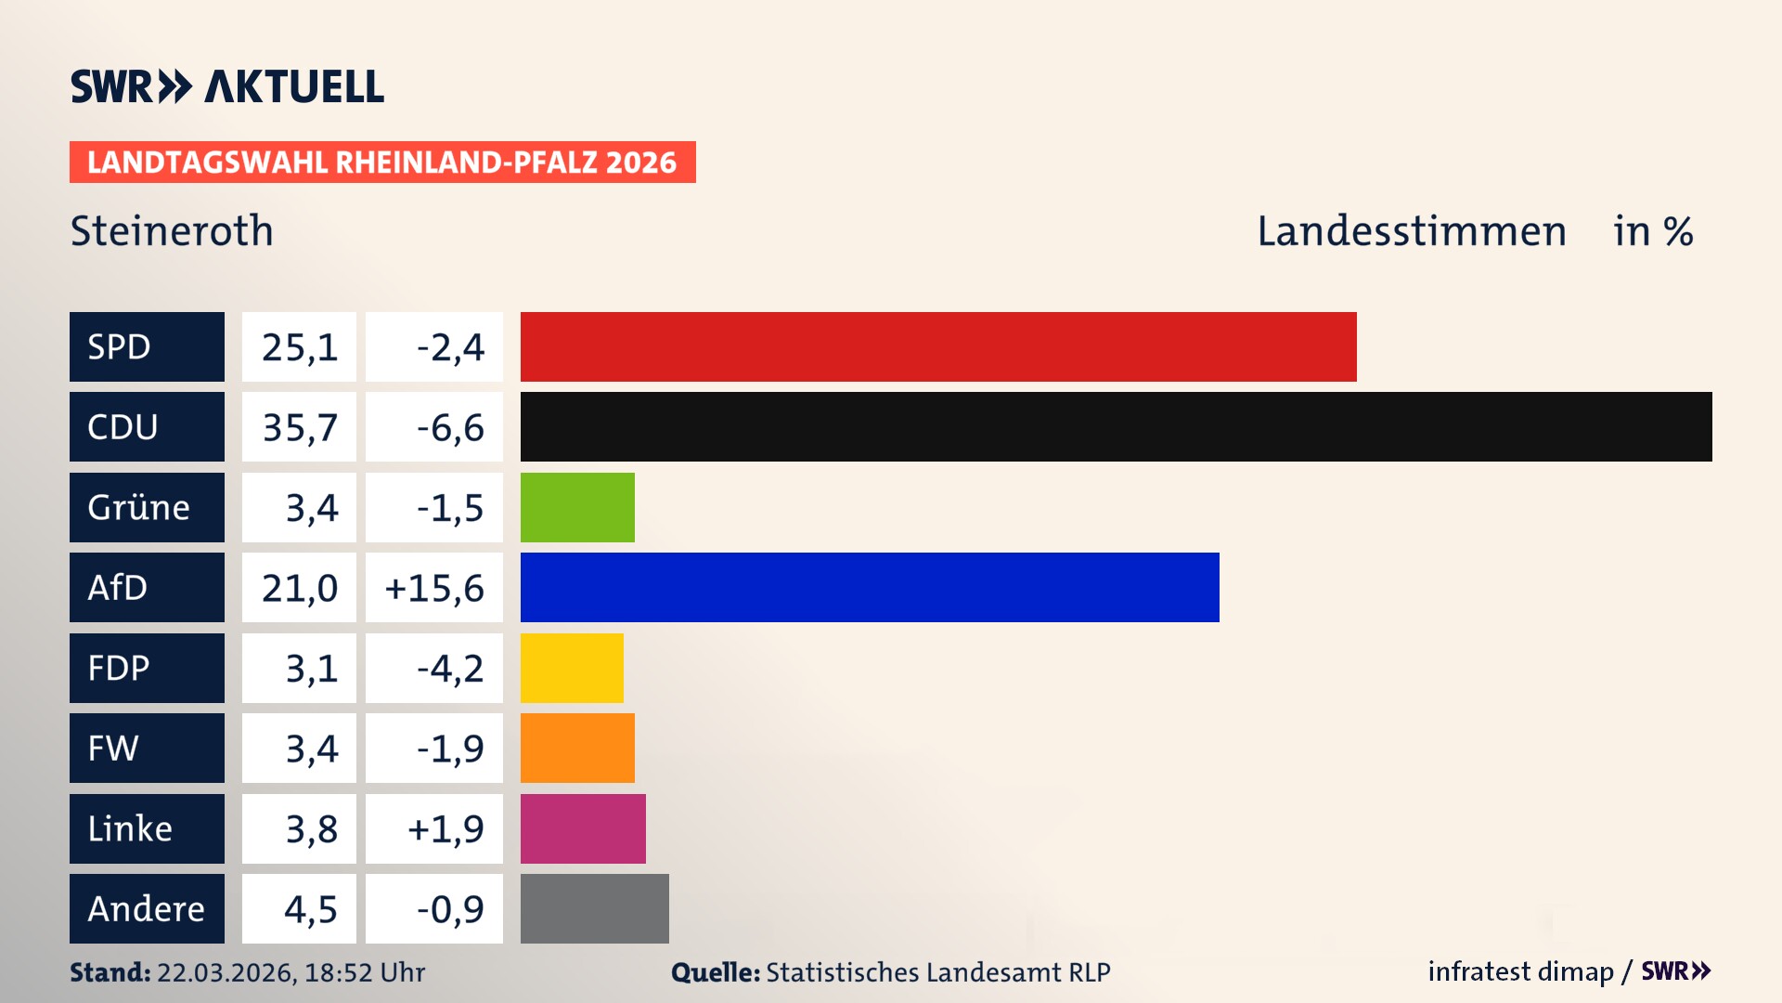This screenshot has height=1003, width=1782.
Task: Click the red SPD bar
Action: click(x=937, y=346)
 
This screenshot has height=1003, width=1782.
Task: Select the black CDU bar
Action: click(x=1116, y=426)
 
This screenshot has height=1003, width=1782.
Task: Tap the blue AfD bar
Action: click(x=869, y=587)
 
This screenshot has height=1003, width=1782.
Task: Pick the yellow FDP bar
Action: click(x=572, y=668)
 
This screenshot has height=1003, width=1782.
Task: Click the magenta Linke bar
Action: click(x=583, y=828)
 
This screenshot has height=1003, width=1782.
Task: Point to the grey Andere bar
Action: click(x=594, y=908)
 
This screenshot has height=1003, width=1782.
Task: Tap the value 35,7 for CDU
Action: click(x=299, y=427)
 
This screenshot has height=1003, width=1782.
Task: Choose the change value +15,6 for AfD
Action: click(x=434, y=588)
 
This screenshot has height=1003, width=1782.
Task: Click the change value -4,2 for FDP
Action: click(x=449, y=668)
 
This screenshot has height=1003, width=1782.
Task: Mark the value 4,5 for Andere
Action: click(x=310, y=909)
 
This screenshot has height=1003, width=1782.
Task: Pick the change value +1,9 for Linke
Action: click(x=445, y=828)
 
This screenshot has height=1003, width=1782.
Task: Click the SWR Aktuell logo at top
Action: click(x=227, y=86)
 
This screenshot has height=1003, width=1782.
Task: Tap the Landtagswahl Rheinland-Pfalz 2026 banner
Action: click(x=382, y=163)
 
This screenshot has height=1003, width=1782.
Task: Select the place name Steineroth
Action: click(x=172, y=230)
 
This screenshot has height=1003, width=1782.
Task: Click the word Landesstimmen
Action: click(x=1411, y=230)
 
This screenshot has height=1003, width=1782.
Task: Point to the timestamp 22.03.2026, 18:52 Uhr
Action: click(x=291, y=972)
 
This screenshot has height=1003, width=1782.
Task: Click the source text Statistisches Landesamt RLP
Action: click(x=937, y=972)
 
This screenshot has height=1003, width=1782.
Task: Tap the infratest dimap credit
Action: click(x=1520, y=971)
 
